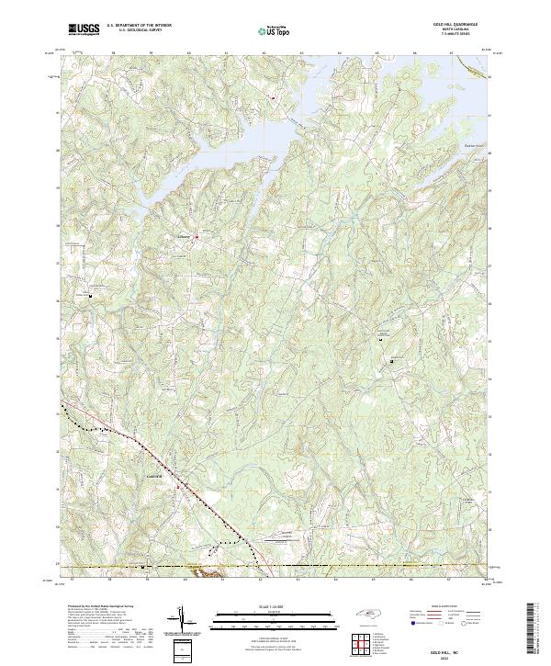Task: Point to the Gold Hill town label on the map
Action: pyautogui.click(x=153, y=476)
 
